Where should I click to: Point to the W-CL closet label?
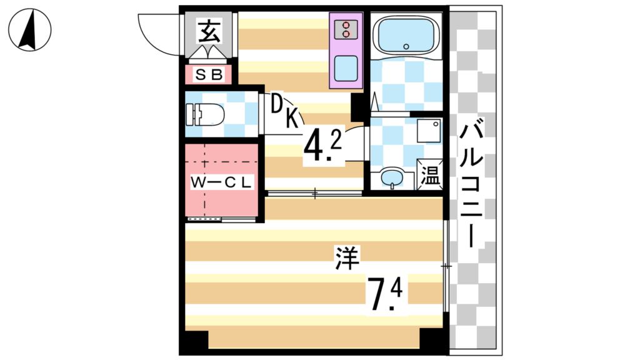click(221, 183)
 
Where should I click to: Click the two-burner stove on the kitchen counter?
click(346, 29)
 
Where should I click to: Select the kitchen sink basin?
click(346, 67)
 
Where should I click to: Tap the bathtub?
click(406, 36)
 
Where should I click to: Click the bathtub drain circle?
click(406, 46)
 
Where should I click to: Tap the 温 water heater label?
click(429, 174)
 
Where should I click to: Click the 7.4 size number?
click(386, 294)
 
